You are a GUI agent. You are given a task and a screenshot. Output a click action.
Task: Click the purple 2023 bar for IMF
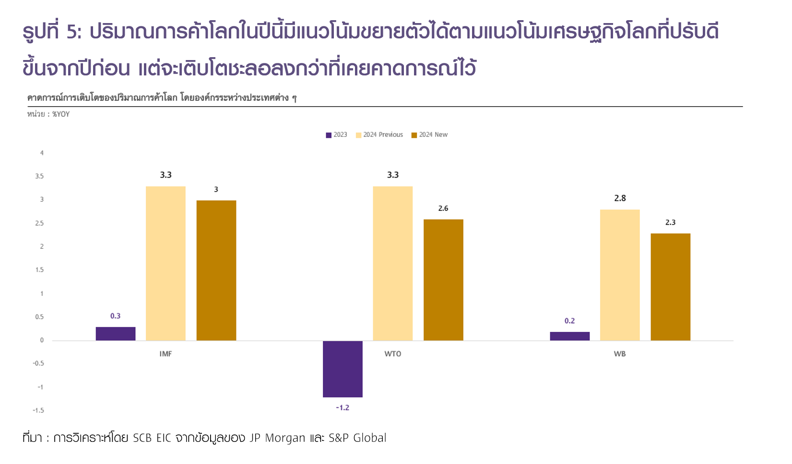pyautogui.click(x=115, y=334)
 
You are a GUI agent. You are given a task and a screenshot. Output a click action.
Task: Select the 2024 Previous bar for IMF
pyautogui.click(x=165, y=263)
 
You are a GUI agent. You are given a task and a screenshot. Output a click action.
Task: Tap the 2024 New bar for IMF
pyautogui.click(x=216, y=270)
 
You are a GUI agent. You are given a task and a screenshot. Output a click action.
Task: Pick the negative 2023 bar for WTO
pyautogui.click(x=343, y=369)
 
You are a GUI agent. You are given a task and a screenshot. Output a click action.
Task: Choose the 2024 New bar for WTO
pyautogui.click(x=443, y=280)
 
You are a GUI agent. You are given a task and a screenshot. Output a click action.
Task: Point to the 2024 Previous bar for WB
pyautogui.click(x=620, y=275)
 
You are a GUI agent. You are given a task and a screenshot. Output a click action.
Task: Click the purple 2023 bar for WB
pyautogui.click(x=569, y=336)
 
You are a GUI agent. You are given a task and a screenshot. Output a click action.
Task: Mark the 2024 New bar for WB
pyautogui.click(x=670, y=287)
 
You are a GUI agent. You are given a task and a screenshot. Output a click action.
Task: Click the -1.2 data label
pyautogui.click(x=343, y=408)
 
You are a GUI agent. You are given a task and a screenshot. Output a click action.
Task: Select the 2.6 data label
pyautogui.click(x=443, y=208)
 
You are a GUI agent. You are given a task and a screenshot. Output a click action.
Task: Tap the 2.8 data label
pyautogui.click(x=620, y=198)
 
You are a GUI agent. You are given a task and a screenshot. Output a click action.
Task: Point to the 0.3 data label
pyautogui.click(x=115, y=316)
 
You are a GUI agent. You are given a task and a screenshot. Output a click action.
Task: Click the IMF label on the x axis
pyautogui.click(x=165, y=354)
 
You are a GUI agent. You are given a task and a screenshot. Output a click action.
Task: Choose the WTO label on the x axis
pyautogui.click(x=393, y=354)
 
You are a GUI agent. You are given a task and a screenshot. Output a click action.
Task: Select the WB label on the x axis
pyautogui.click(x=620, y=354)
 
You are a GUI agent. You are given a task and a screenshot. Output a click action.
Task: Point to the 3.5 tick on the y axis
pyautogui.click(x=39, y=176)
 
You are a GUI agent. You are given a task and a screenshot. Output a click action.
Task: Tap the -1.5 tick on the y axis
pyautogui.click(x=38, y=411)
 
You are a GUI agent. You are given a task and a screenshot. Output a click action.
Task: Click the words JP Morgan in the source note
pyautogui.click(x=277, y=438)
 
